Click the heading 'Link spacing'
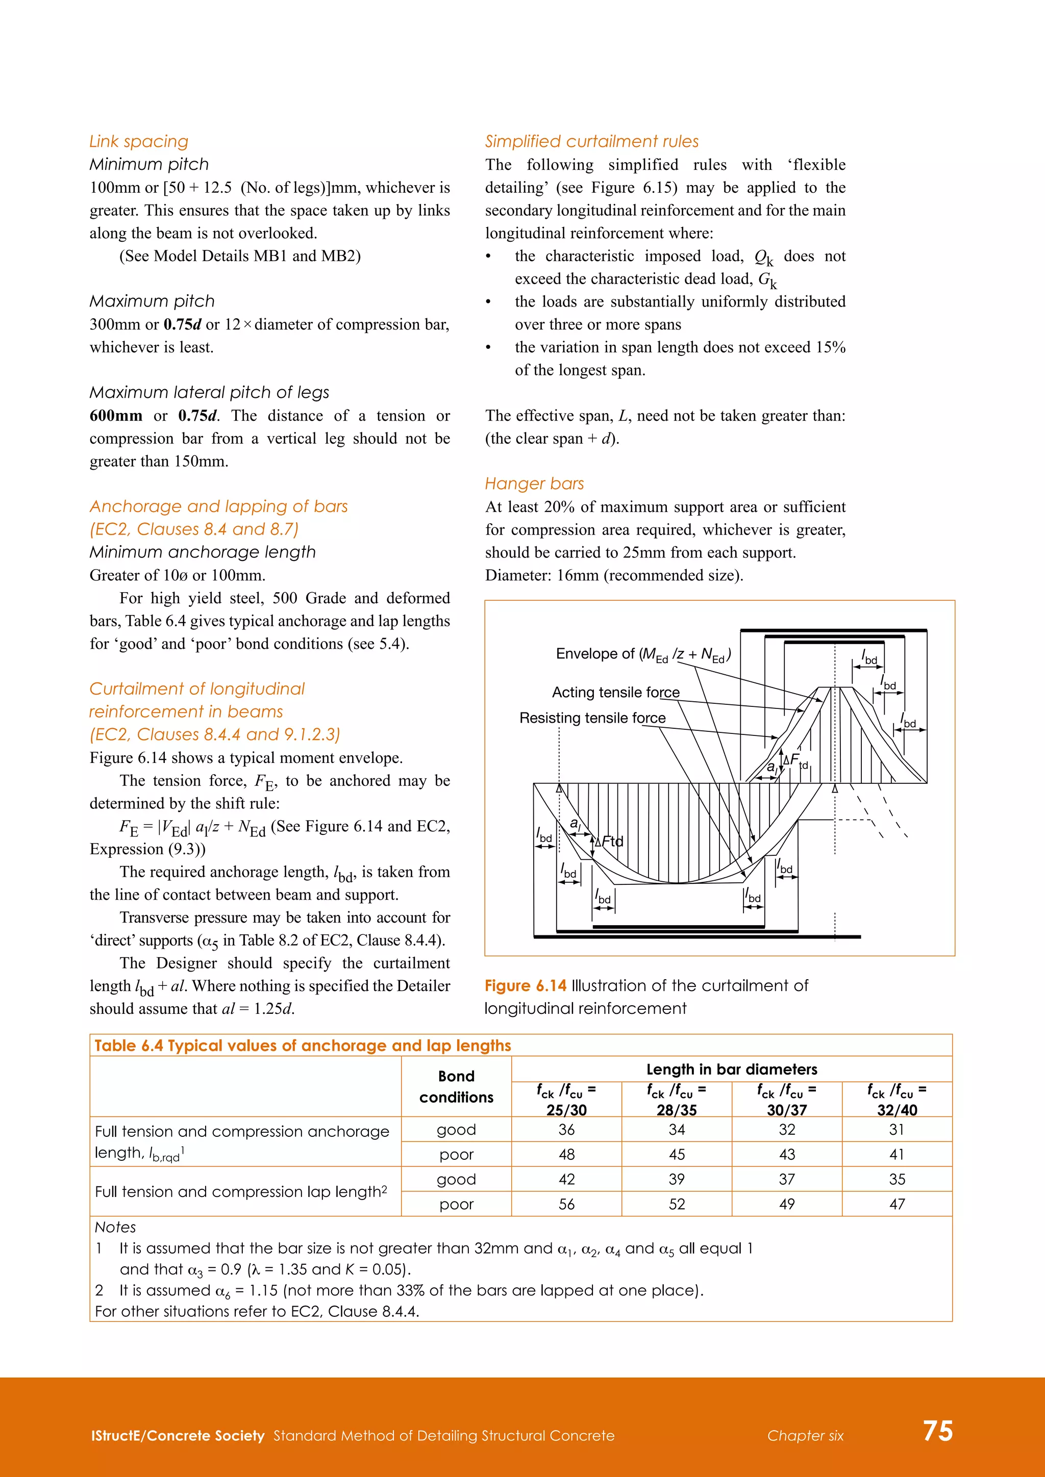[x=139, y=141]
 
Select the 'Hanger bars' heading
[x=534, y=484]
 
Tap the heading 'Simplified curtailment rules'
[x=591, y=141]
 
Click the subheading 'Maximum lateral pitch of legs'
[x=209, y=392]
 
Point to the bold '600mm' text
[x=116, y=416]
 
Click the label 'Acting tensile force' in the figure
[x=615, y=692]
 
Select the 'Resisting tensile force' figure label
[x=592, y=718]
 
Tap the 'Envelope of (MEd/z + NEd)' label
[x=643, y=655]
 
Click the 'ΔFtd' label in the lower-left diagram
[x=609, y=842]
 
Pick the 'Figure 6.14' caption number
[x=525, y=985]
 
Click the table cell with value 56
[x=566, y=1204]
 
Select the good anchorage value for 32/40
[x=897, y=1130]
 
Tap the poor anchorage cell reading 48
[x=566, y=1155]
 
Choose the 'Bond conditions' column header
[x=456, y=1086]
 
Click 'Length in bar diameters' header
[x=732, y=1069]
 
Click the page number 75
[x=937, y=1431]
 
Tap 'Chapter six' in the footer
[x=805, y=1436]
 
